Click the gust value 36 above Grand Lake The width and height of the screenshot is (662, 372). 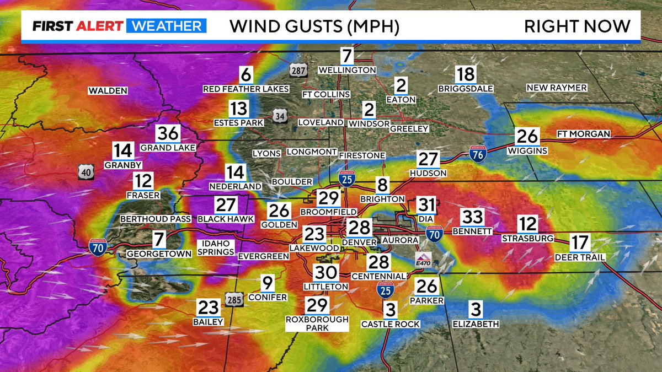[168, 134]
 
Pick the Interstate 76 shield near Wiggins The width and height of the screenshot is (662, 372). [477, 153]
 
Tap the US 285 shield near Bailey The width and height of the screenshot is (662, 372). [232, 300]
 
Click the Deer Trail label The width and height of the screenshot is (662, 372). [580, 257]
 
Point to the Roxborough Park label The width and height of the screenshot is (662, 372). [317, 324]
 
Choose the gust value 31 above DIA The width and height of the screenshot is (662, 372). [425, 204]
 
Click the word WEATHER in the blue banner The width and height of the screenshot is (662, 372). [167, 26]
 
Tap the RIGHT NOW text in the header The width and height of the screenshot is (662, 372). [576, 26]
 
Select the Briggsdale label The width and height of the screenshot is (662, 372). [465, 88]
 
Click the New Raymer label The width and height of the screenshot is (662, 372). [556, 88]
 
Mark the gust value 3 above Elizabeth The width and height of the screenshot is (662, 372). [476, 309]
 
